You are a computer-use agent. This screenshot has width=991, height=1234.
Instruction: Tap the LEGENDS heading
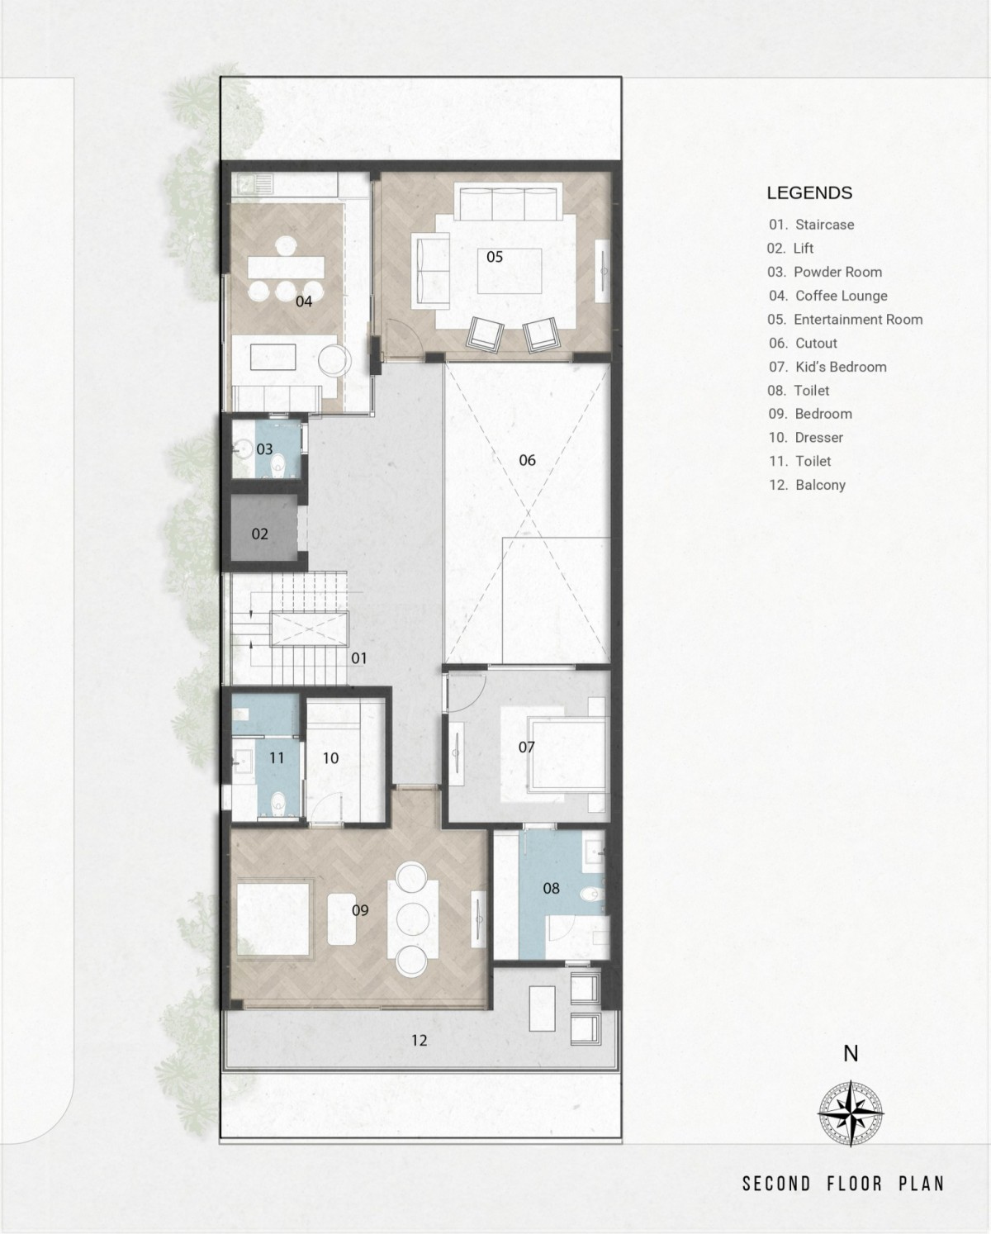pyautogui.click(x=809, y=192)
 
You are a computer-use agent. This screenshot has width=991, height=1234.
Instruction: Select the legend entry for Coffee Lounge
pyautogui.click(x=828, y=296)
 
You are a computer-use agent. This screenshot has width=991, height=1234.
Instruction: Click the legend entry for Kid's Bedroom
pyautogui.click(x=827, y=367)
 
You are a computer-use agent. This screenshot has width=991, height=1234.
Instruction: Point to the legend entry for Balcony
pyautogui.click(x=808, y=485)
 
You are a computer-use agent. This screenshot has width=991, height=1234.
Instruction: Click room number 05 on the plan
pyautogui.click(x=495, y=257)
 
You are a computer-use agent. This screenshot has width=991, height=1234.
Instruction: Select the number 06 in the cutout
pyautogui.click(x=527, y=460)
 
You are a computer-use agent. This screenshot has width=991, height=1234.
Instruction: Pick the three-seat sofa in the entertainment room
pyautogui.click(x=508, y=202)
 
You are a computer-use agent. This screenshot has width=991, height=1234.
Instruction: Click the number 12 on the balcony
pyautogui.click(x=420, y=1040)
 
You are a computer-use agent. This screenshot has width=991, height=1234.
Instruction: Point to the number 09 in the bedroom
pyautogui.click(x=360, y=910)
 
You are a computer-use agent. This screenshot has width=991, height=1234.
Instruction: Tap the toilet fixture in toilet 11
pyautogui.click(x=279, y=804)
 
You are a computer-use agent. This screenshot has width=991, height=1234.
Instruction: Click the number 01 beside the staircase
pyautogui.click(x=359, y=658)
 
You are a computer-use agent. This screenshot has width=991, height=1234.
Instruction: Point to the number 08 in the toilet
pyautogui.click(x=551, y=888)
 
